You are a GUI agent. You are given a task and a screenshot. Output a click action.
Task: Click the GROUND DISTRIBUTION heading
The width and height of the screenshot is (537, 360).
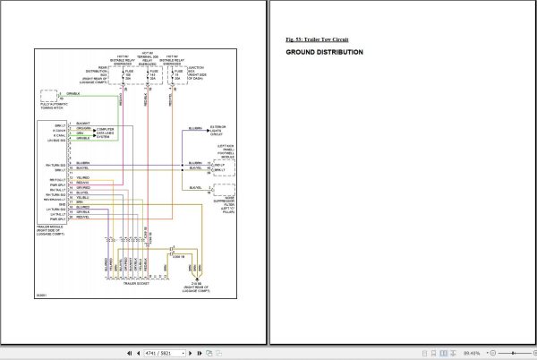click(x=324, y=53)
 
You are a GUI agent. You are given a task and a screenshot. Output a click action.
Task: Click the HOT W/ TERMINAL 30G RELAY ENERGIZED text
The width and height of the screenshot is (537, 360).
click(x=149, y=58)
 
